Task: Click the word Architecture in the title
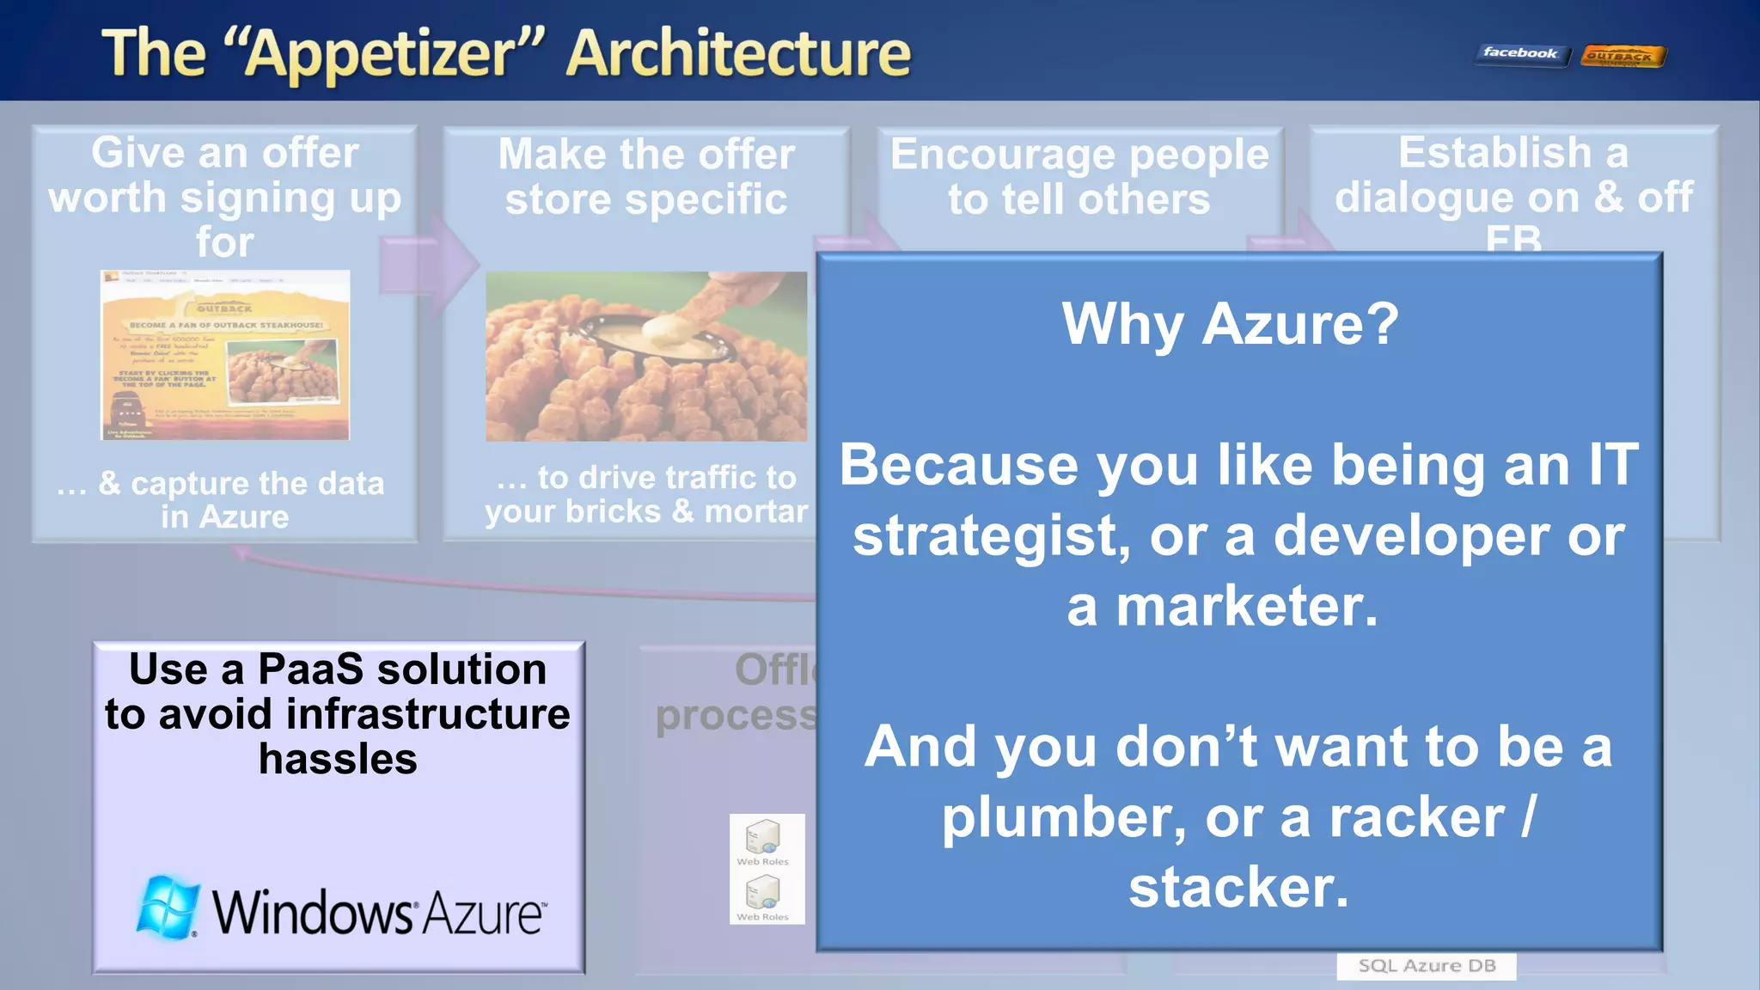[x=739, y=53]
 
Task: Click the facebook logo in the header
[x=1519, y=54]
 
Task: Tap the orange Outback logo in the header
[x=1622, y=57]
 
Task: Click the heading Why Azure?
[x=1230, y=324]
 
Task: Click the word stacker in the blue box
[x=1237, y=888]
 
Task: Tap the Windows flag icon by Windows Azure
[x=167, y=907]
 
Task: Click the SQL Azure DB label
[x=1426, y=966]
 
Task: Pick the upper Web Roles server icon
[x=762, y=836]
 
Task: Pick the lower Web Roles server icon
[x=762, y=892]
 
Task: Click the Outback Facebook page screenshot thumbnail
[x=225, y=355]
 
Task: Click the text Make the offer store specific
[x=646, y=177]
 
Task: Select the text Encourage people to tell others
[x=1079, y=177]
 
